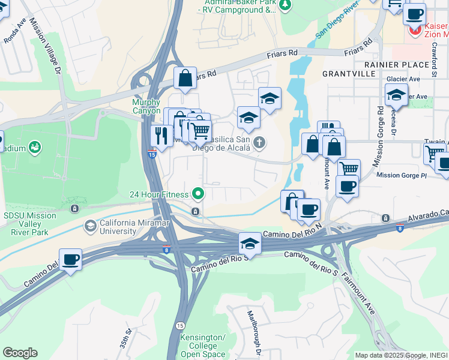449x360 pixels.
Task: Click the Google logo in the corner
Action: (20, 353)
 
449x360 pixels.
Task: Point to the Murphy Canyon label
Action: (146, 106)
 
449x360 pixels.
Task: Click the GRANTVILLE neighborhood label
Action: (348, 74)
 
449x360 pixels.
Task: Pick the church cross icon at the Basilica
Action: (259, 142)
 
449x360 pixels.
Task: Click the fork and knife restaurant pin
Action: (161, 136)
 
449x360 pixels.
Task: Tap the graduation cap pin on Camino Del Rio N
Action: (250, 243)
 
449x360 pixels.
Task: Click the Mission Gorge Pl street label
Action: (400, 175)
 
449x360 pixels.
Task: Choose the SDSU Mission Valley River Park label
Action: (28, 220)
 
